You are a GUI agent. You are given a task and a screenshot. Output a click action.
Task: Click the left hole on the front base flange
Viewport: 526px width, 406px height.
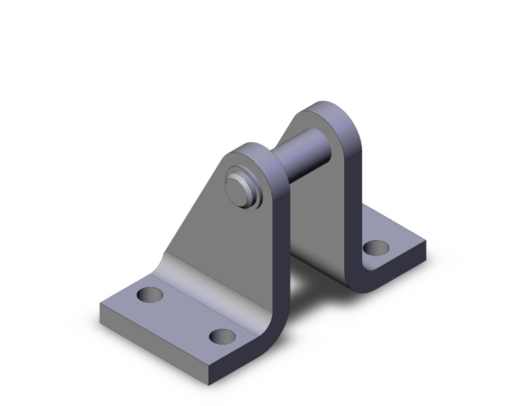click(150, 294)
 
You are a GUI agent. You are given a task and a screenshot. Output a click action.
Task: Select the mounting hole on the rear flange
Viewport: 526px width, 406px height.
click(376, 248)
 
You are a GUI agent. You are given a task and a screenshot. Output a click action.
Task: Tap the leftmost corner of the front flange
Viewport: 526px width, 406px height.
click(103, 305)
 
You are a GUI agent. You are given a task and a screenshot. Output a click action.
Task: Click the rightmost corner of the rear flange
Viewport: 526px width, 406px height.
click(425, 244)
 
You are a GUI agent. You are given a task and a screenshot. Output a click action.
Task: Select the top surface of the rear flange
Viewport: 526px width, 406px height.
click(396, 237)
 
